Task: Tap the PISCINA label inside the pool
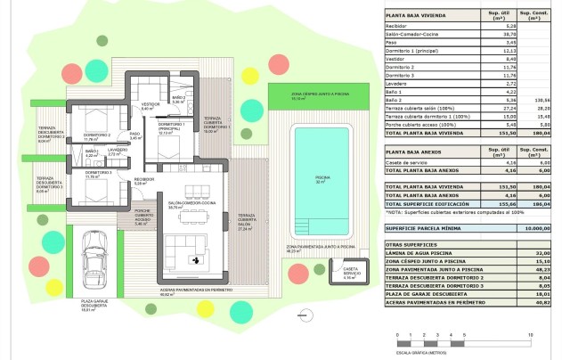322,177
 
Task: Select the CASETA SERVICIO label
350,272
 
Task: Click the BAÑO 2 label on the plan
178,99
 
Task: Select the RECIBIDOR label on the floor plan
144,181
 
